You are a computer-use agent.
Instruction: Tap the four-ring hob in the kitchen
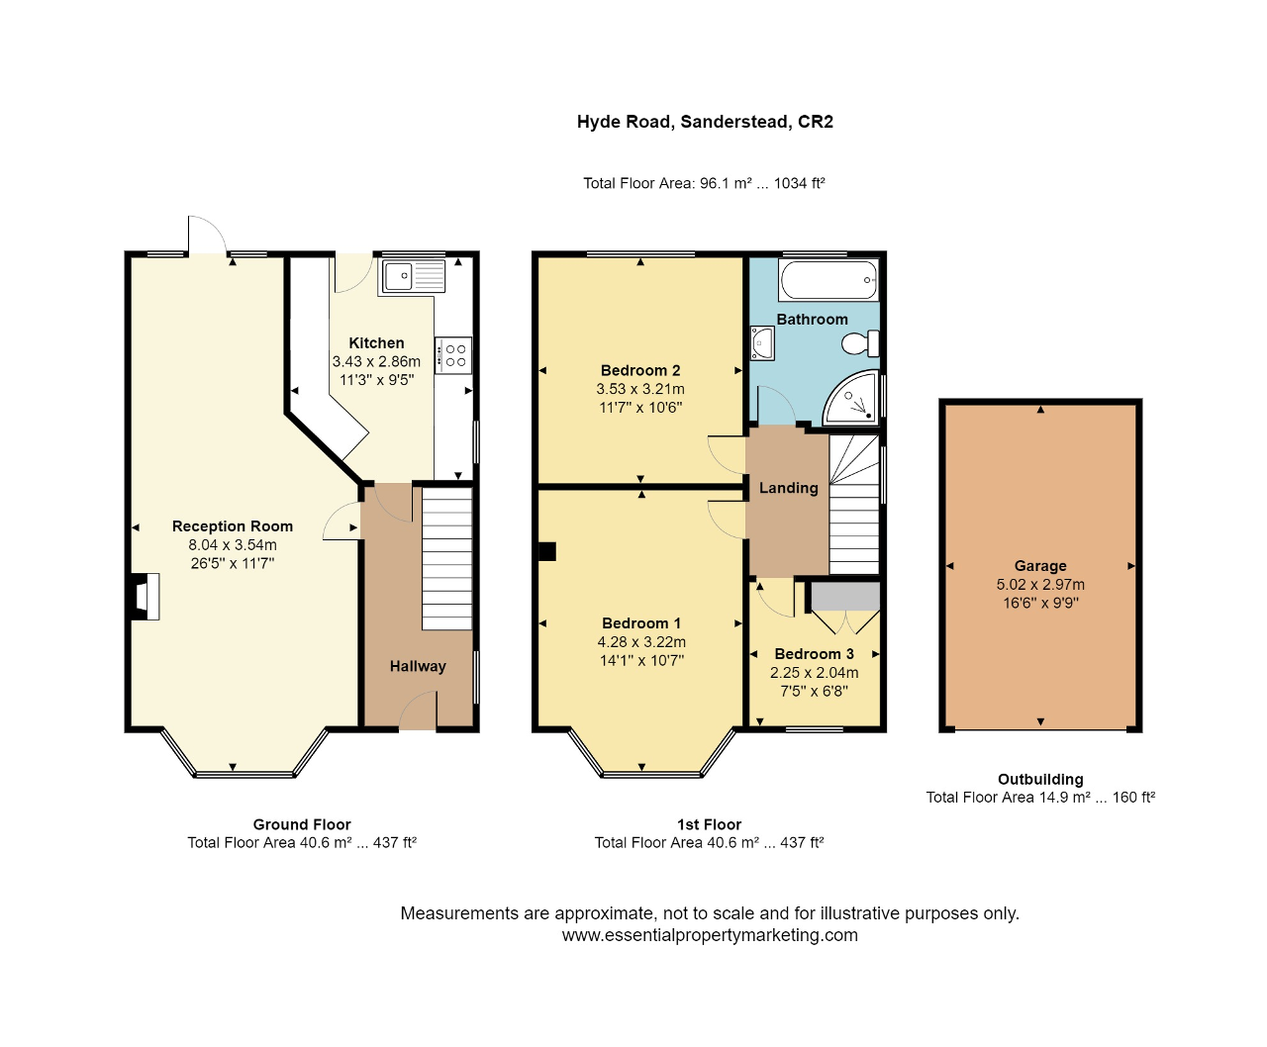454,355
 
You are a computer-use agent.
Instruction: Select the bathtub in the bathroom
828,281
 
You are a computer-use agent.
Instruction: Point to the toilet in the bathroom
858,343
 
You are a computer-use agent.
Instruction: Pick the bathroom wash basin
762,343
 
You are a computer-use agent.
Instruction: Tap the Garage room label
1040,566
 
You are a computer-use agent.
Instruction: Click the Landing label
788,488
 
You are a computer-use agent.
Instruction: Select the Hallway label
418,666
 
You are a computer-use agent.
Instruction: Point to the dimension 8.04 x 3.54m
233,545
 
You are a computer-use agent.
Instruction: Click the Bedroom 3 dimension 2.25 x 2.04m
814,673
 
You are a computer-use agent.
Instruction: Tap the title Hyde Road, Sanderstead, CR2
705,122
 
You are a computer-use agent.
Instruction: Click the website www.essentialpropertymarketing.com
710,935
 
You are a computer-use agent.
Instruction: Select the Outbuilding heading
1040,780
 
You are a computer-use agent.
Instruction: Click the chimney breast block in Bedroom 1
545,551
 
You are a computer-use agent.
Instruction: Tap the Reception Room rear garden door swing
207,236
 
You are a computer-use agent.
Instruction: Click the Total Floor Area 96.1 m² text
704,183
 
